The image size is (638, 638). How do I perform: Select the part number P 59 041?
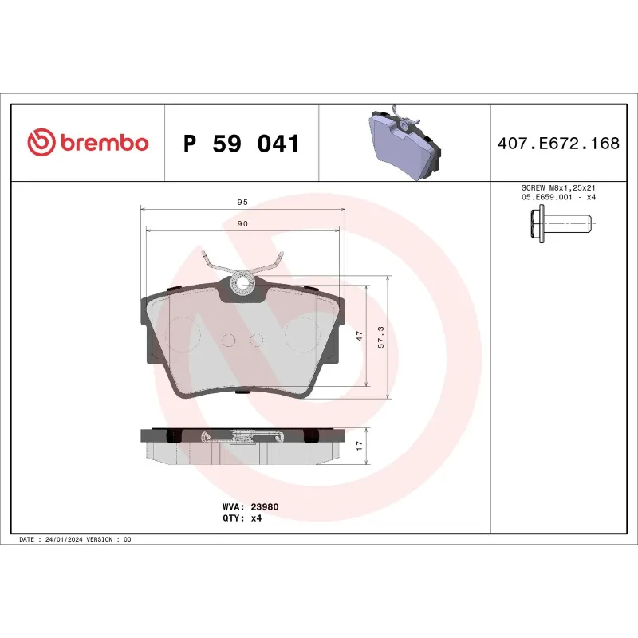click(x=241, y=144)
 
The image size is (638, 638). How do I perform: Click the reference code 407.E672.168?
click(x=558, y=144)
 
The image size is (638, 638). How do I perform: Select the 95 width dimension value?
click(x=242, y=203)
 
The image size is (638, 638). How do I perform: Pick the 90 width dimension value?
click(x=242, y=224)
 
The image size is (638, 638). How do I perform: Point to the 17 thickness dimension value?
click(x=360, y=446)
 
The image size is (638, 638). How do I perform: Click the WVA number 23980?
click(x=264, y=506)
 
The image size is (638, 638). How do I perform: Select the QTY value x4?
click(x=256, y=518)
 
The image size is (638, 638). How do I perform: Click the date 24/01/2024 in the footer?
click(x=65, y=540)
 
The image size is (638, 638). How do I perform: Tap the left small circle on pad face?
click(x=229, y=341)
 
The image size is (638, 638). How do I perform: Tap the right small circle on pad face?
click(x=256, y=341)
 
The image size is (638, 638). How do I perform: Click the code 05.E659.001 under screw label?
click(x=544, y=197)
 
